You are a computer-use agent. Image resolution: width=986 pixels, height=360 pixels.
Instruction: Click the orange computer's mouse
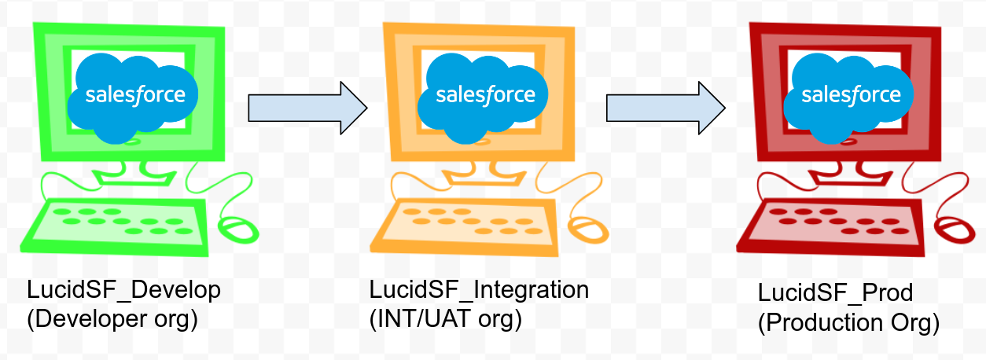pos(589,230)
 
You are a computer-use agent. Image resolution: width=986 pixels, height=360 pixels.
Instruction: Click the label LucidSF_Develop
pos(124,290)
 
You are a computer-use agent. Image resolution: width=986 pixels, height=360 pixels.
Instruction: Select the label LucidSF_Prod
pos(836,293)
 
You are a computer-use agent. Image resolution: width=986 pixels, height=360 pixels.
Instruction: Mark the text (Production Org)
pos(848,323)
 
